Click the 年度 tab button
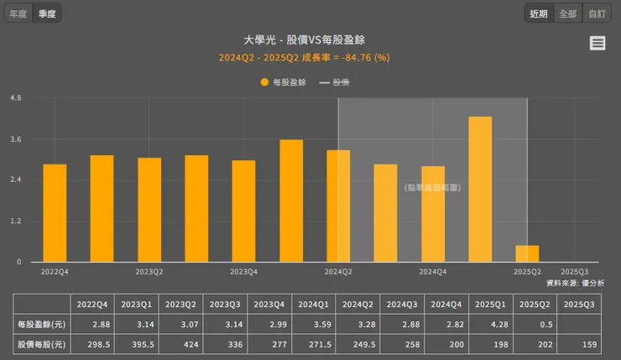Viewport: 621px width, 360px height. (x=18, y=13)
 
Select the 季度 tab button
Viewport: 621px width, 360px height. (x=47, y=13)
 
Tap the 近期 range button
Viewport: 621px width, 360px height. (x=539, y=13)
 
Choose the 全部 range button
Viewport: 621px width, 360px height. (x=567, y=13)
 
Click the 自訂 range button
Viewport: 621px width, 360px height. (x=596, y=13)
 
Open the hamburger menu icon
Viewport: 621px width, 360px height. (x=598, y=44)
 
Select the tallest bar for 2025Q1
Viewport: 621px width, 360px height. (x=480, y=189)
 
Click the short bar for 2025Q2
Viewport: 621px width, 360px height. (x=527, y=253)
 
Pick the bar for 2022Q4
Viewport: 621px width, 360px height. (x=55, y=212)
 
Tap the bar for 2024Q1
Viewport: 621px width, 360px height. (x=291, y=201)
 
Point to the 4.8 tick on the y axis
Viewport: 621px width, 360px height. (x=15, y=98)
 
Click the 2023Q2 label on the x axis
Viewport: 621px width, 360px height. (x=149, y=272)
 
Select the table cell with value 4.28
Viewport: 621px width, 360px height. (x=489, y=324)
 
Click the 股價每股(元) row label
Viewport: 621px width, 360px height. (x=41, y=344)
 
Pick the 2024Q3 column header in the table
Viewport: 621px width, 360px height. (x=400, y=304)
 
